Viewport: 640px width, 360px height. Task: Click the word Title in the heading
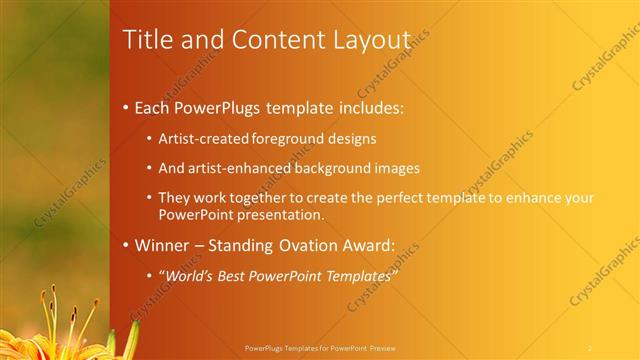pyautogui.click(x=146, y=41)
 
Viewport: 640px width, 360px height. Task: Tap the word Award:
pyautogui.click(x=375, y=244)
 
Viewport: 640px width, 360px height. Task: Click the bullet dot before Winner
pyautogui.click(x=125, y=245)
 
